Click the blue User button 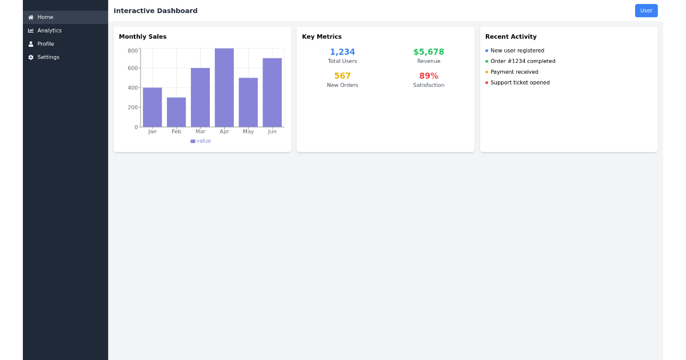click(646, 11)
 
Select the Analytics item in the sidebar click(49, 31)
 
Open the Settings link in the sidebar click(48, 57)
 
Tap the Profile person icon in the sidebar click(31, 44)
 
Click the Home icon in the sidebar click(31, 18)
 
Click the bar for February click(176, 112)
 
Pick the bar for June click(272, 93)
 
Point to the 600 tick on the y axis click(133, 68)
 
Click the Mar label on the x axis click(200, 131)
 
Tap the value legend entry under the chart click(201, 141)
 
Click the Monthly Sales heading click(143, 37)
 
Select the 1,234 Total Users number click(342, 52)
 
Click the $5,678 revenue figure click(428, 52)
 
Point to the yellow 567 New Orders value click(342, 76)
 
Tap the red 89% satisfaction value click(428, 76)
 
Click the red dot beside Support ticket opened click(486, 83)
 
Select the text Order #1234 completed click(523, 61)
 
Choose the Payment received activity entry click(514, 72)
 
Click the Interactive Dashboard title click(155, 11)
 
